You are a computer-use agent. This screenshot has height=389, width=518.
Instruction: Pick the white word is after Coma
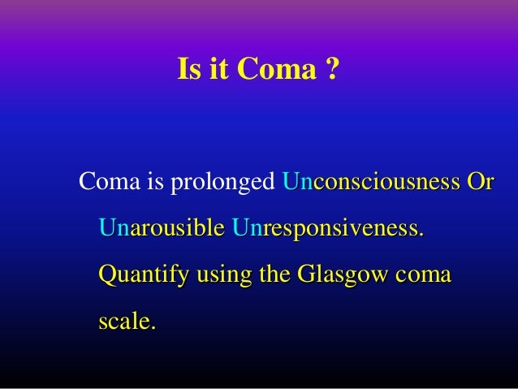coord(152,183)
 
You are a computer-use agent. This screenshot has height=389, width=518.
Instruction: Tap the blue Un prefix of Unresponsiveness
coord(244,228)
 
